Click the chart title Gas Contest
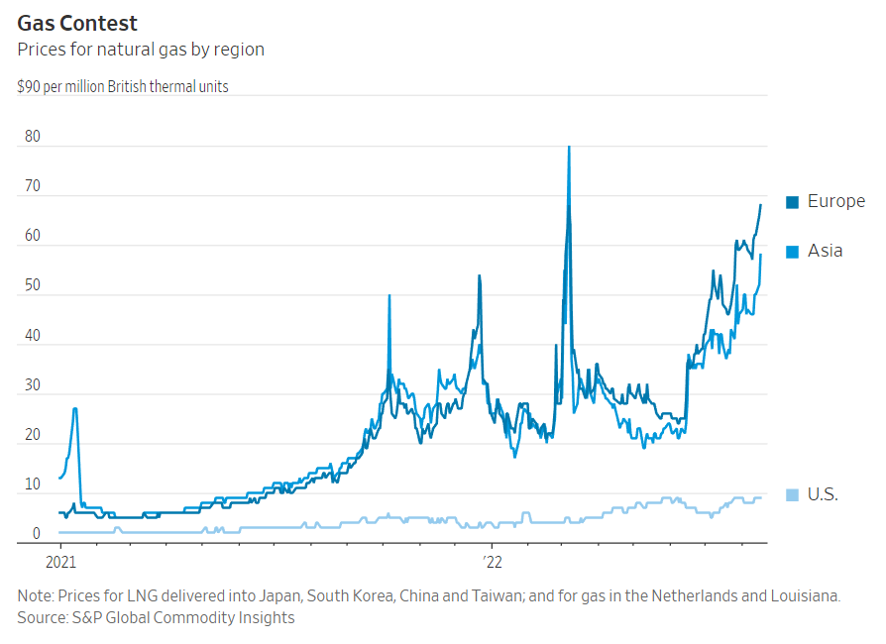tap(77, 23)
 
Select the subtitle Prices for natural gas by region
tap(141, 49)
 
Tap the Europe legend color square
tap(793, 202)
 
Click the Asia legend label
tap(825, 251)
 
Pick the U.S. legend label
tap(823, 494)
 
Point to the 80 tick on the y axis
tap(32, 137)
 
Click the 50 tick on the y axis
tap(32, 286)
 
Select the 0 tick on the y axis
tap(36, 535)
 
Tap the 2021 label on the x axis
tap(60, 561)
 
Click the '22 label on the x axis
tap(493, 561)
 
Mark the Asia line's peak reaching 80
tap(568, 148)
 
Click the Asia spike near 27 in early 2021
tap(75, 408)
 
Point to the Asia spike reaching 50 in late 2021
tap(388, 295)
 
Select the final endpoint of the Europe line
tap(760, 205)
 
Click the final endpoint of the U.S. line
tap(760, 497)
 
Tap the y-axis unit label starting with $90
tap(123, 87)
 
